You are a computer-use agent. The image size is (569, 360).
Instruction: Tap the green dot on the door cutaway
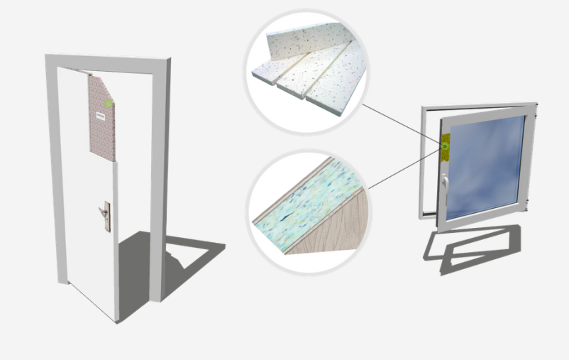tap(109, 104)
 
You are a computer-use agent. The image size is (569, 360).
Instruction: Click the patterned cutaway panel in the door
tap(101, 135)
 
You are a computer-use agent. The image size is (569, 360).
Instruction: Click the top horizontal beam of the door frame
tap(106, 62)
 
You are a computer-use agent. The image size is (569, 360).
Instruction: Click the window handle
tap(444, 182)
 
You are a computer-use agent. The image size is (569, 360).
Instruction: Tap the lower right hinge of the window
tap(529, 205)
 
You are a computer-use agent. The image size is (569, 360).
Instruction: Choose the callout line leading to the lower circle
tap(404, 170)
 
